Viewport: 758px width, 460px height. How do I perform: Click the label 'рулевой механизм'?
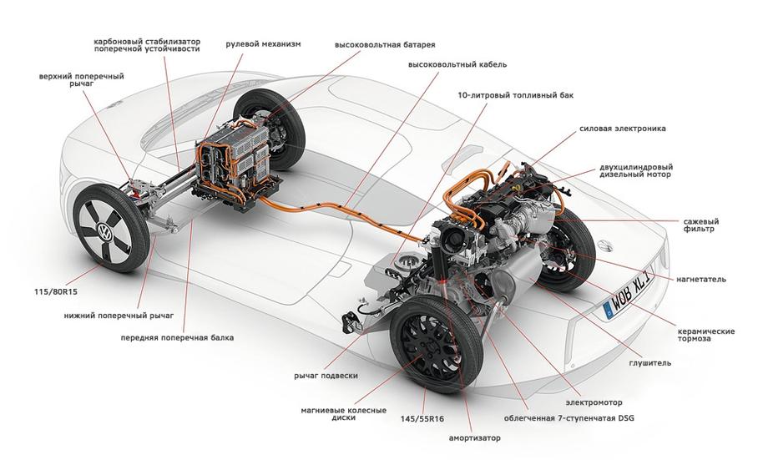click(263, 44)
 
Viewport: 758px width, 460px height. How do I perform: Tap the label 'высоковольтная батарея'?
click(385, 45)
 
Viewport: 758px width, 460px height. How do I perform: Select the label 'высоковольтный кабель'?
click(457, 64)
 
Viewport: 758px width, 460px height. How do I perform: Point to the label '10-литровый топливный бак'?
click(515, 95)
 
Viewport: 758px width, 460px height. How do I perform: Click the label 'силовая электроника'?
click(623, 129)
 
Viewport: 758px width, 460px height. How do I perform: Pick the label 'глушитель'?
click(649, 363)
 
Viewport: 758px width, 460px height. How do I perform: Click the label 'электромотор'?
click(594, 402)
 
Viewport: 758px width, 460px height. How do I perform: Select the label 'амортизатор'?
click(475, 438)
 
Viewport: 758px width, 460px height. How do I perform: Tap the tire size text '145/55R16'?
click(422, 419)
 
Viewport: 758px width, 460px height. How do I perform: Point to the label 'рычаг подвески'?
click(326, 376)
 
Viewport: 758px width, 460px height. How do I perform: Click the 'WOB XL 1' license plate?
click(628, 296)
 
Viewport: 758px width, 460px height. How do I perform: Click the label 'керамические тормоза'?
click(705, 335)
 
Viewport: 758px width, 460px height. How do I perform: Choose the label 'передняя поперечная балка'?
click(177, 337)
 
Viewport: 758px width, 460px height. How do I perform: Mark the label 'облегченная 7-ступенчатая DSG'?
click(569, 418)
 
